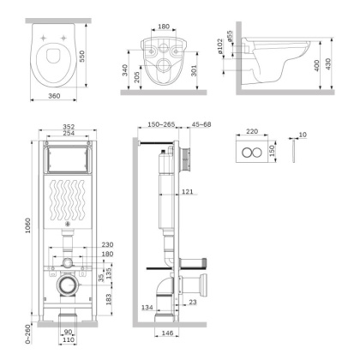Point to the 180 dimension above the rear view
pyautogui.click(x=163, y=25)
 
